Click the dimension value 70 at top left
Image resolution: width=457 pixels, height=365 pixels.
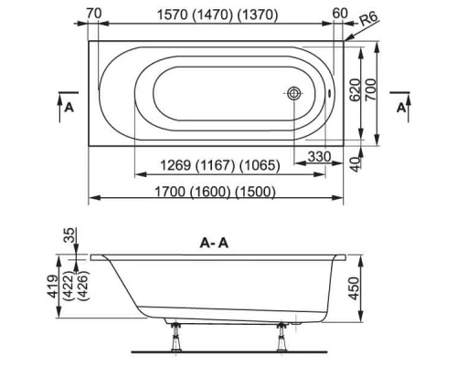93,13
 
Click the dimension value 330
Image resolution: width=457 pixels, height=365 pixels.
318,157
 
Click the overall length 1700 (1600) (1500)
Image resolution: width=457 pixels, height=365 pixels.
215,190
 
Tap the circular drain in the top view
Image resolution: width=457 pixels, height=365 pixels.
295,93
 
